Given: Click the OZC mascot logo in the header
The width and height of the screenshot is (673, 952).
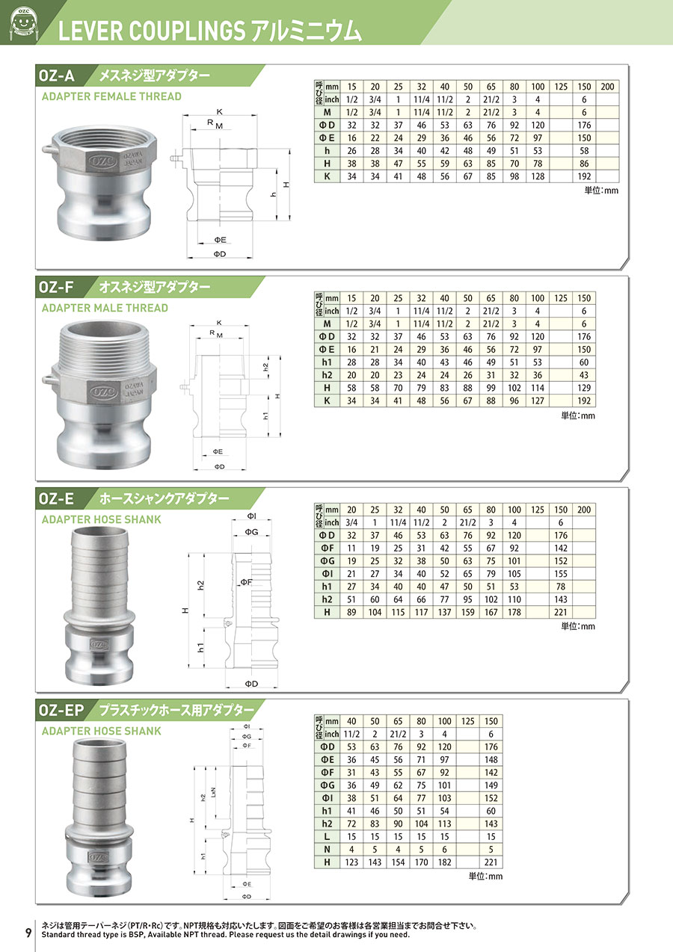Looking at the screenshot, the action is point(24,22).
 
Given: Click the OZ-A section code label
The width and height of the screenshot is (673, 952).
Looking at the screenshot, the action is point(57,75).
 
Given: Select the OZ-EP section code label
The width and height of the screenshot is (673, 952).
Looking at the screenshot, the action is point(61,710).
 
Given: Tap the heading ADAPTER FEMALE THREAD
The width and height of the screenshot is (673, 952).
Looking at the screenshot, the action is point(111,96).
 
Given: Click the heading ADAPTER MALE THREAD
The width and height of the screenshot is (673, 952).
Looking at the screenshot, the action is point(105,308).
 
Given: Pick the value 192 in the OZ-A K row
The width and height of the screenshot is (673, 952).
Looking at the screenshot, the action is point(584,176).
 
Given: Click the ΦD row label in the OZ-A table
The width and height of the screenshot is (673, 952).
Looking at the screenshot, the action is point(327,126).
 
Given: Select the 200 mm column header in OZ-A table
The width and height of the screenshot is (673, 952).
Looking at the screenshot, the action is point(607,87).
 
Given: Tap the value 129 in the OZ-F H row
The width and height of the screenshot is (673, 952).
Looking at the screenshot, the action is point(584,388).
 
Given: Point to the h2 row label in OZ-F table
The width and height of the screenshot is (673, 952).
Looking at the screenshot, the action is point(327,375).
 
